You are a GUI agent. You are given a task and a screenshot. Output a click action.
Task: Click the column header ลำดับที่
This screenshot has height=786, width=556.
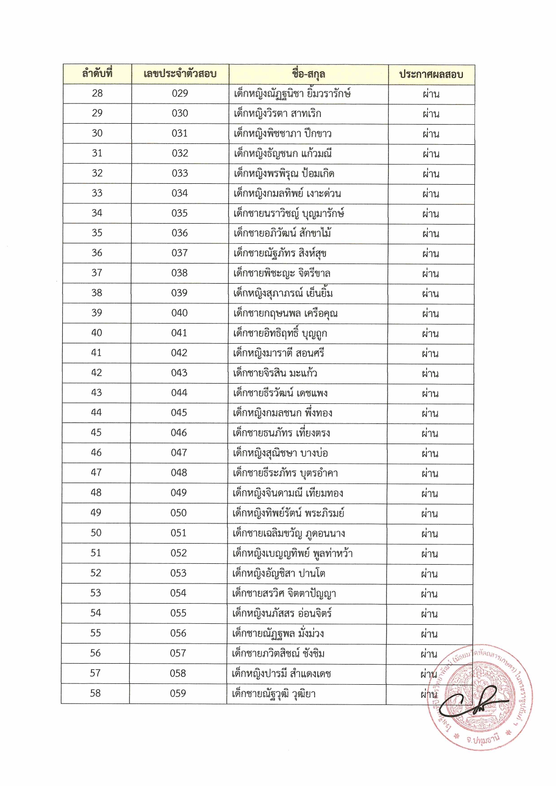coord(97,74)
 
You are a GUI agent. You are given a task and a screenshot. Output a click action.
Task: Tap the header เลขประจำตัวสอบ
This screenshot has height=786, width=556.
coord(180,74)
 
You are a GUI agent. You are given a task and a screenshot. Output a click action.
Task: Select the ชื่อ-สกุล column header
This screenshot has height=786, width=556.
coord(308,74)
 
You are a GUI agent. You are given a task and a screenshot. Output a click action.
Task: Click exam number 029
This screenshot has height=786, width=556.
coord(180,93)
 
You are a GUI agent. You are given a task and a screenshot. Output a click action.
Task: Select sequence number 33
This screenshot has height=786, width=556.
coord(97,193)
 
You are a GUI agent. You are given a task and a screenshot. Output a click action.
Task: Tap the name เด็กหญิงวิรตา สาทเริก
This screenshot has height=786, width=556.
coord(277,113)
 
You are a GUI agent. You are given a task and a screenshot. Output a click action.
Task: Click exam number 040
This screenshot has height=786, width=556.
coord(179,313)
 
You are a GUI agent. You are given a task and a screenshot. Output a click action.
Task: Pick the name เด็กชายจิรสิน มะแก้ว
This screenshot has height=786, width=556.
coord(275,373)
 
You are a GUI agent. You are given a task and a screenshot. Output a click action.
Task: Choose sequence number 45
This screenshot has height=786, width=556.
coord(96,433)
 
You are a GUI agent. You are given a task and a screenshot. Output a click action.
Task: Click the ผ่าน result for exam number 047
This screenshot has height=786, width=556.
coord(430,453)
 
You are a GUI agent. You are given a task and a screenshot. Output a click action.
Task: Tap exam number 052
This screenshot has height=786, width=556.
coord(178,553)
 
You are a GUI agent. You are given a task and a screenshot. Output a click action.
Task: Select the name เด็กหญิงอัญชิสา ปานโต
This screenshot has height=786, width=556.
coord(279,573)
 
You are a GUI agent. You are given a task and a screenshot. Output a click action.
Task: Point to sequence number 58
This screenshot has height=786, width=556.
coord(95,693)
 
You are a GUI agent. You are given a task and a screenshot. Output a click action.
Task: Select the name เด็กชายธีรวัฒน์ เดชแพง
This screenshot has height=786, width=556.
coord(280,393)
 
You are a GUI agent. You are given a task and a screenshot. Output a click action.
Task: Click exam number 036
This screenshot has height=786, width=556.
coord(179,233)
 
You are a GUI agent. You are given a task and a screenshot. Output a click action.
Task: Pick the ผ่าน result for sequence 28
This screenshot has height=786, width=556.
coord(431,94)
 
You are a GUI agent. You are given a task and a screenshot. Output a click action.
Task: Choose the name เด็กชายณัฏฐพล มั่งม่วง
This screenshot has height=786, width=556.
coord(278,633)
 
